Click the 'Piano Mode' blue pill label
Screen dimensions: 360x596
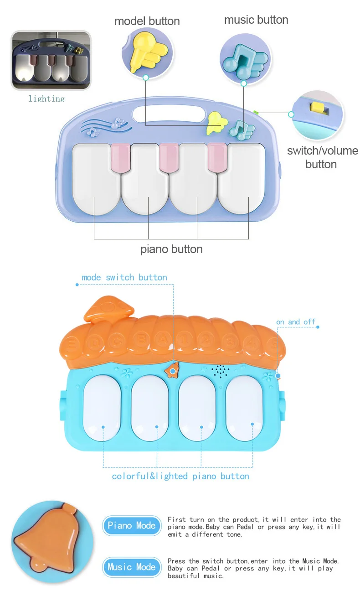(132, 525)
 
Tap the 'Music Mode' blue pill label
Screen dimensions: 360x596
(132, 567)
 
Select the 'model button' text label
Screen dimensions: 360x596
(147, 21)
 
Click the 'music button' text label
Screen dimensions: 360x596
(256, 20)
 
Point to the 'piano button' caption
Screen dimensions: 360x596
(171, 249)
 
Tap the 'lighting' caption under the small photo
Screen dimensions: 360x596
(46, 98)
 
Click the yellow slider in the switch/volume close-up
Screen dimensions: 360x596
(317, 108)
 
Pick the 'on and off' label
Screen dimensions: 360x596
(296, 322)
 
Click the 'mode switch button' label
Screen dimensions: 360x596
(124, 278)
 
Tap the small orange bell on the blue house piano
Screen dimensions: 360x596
(172, 370)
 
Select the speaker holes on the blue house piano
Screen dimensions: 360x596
(220, 371)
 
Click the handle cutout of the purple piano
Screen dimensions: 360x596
(169, 114)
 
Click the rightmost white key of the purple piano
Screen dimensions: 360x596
(241, 179)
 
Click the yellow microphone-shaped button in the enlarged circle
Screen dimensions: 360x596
(147, 51)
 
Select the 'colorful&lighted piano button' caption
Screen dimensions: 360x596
(180, 476)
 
